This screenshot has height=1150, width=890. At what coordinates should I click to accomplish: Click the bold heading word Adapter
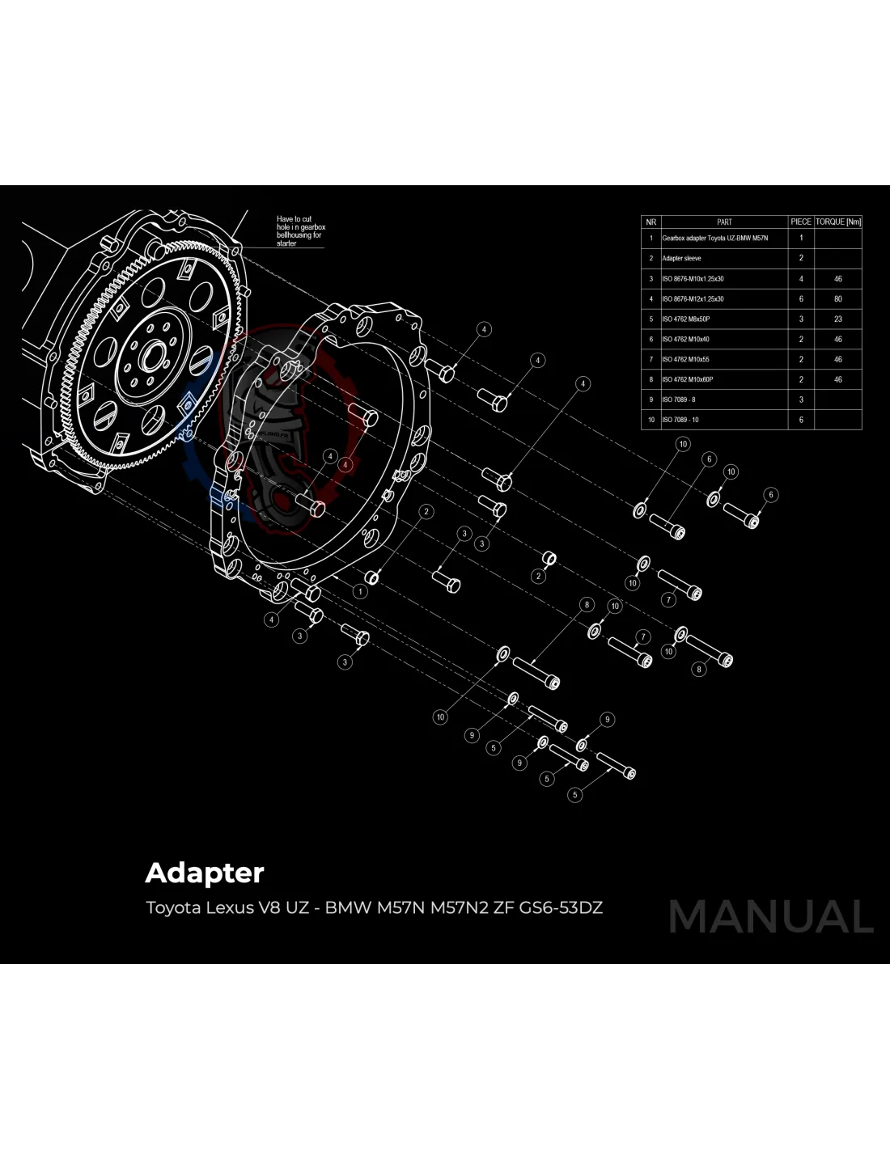tap(205, 873)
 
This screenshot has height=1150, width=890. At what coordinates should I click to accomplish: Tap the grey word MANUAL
tap(770, 917)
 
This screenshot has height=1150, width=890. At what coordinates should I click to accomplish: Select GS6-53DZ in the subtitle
tap(561, 907)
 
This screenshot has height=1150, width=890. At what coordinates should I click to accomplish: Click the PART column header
tap(724, 222)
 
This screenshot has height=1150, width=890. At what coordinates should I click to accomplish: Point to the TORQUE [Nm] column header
tap(837, 222)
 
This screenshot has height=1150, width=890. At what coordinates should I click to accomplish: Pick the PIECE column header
tap(800, 222)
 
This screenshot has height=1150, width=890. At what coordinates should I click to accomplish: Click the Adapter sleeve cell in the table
tap(681, 259)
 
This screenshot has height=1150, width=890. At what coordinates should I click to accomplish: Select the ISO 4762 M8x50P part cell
tap(686, 319)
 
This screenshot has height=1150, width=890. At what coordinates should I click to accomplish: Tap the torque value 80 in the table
tap(837, 299)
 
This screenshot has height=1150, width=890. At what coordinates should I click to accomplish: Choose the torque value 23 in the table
tap(837, 319)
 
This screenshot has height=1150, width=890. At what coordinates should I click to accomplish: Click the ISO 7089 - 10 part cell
tap(680, 420)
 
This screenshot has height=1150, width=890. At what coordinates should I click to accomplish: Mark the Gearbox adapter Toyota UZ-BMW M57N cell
tap(714, 239)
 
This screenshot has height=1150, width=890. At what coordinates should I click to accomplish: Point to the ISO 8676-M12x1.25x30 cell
tap(693, 299)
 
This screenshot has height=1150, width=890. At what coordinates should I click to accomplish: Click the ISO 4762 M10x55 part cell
tap(685, 359)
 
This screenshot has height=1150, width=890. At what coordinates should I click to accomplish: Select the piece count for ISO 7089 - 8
tap(801, 400)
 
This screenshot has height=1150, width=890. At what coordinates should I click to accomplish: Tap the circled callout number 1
tap(360, 591)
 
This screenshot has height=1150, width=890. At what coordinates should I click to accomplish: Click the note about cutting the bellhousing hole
tap(300, 230)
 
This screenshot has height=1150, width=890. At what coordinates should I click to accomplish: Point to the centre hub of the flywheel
tap(154, 354)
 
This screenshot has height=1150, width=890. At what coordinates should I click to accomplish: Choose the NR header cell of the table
tap(651, 222)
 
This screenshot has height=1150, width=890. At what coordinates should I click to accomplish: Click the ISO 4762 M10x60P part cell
tap(687, 379)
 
